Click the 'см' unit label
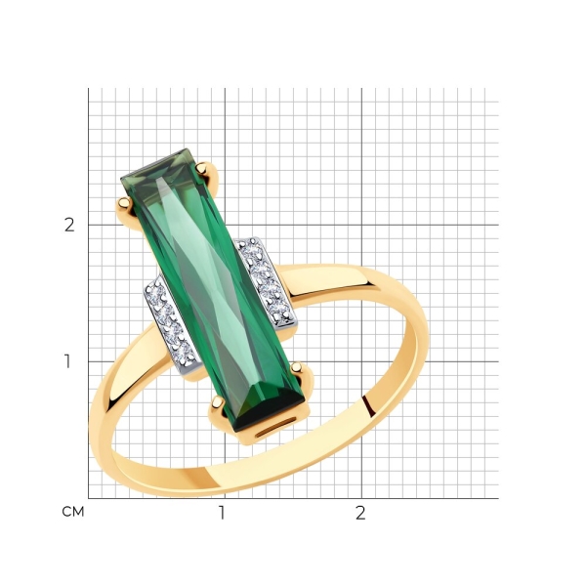73,512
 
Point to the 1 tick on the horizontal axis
223,513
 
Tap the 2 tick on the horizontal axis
360,513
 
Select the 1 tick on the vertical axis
67,361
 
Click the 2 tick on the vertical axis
69,225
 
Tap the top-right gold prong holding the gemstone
204,168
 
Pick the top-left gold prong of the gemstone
125,204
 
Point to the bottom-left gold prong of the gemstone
217,402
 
